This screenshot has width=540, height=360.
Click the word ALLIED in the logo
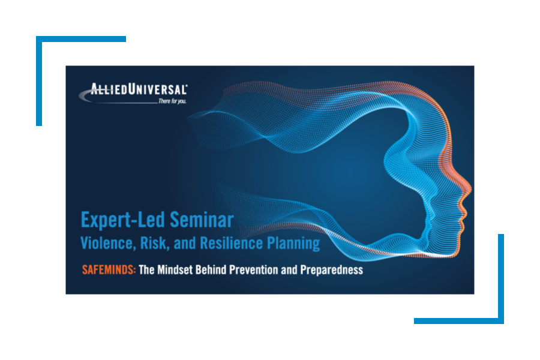coord(109,89)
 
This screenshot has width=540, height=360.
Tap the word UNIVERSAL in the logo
coord(157,89)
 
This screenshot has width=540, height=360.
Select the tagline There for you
coord(172,101)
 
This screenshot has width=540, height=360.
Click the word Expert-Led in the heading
coord(123,220)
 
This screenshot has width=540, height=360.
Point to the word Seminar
coord(202,220)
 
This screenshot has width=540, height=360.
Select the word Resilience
coord(232,243)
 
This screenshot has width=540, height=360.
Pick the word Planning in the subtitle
coord(293,244)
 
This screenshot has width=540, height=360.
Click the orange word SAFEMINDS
coord(109,269)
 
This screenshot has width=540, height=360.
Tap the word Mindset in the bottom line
coord(175,269)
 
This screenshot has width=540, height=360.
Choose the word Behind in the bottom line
coord(211,269)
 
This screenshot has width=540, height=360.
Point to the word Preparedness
coord(331,270)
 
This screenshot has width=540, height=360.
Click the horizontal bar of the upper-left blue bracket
coord(81,39)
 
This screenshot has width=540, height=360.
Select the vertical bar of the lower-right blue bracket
coord(501,278)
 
